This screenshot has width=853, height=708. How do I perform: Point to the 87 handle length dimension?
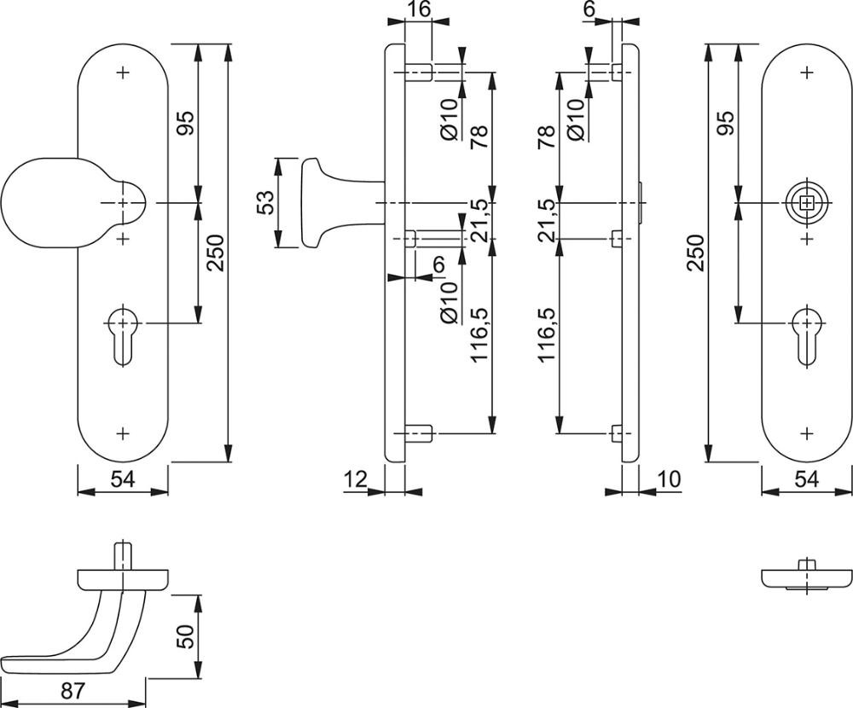[73, 691]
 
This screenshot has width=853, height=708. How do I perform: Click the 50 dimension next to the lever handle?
[186, 635]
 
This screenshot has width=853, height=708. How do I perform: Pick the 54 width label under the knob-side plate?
[123, 479]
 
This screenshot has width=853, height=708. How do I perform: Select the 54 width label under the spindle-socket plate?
[807, 479]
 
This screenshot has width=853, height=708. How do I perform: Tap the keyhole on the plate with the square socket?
[807, 338]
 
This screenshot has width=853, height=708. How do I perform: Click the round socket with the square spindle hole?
[807, 203]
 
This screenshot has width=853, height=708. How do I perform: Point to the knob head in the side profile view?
[313, 203]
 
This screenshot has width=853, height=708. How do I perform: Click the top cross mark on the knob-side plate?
[124, 72]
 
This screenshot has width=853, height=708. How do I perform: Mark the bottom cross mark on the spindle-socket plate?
[807, 433]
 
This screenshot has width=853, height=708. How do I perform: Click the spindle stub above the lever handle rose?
[124, 555]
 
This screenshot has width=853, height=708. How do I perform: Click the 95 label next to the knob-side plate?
[185, 123]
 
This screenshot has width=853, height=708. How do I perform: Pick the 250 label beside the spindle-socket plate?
[697, 252]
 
